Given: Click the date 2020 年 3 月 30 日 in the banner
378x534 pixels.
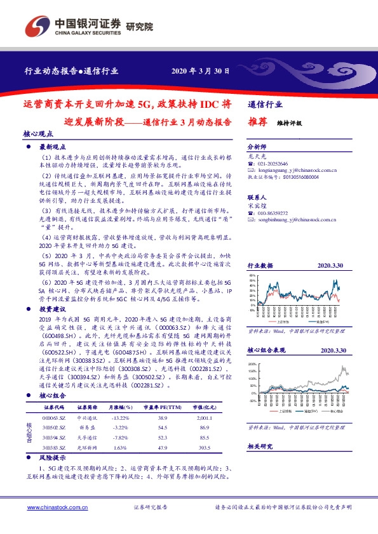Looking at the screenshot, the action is (201, 70).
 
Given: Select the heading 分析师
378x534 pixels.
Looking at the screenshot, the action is (257, 145).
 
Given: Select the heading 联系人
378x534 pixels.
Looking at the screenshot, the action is (257, 198).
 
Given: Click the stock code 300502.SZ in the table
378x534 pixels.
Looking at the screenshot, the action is (54, 428).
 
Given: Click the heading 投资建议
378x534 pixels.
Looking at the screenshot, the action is (53, 308).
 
